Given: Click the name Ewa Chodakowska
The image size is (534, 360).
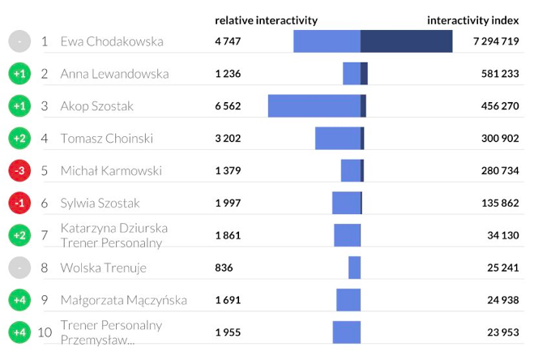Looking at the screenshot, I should [x=112, y=41].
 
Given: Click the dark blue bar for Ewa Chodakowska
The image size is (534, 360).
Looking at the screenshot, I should [x=406, y=41].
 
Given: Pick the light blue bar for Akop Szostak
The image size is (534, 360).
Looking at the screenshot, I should [x=314, y=106].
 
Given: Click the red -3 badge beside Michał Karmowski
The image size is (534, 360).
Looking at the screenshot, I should [x=20, y=171].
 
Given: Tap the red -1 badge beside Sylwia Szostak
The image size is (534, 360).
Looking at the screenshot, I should [x=20, y=204].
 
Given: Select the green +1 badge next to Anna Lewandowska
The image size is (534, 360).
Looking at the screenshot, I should [x=20, y=74].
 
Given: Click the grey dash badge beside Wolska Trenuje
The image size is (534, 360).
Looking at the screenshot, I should [x=20, y=268].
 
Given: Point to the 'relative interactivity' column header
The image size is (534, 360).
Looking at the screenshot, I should [x=266, y=20].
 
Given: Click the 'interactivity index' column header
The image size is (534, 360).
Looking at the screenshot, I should [x=472, y=20].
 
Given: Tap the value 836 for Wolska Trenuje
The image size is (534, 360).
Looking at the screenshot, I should [x=224, y=268].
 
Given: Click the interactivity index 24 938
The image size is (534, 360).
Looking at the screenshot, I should [x=500, y=300].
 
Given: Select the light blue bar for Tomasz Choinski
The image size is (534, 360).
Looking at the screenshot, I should [x=337, y=139].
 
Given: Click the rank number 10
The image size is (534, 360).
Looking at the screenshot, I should [x=45, y=332].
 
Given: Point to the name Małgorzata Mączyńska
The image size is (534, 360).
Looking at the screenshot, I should [x=123, y=300].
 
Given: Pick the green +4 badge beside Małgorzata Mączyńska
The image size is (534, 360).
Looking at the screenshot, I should [x=20, y=300].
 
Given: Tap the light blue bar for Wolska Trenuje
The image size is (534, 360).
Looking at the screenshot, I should [x=354, y=268].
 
